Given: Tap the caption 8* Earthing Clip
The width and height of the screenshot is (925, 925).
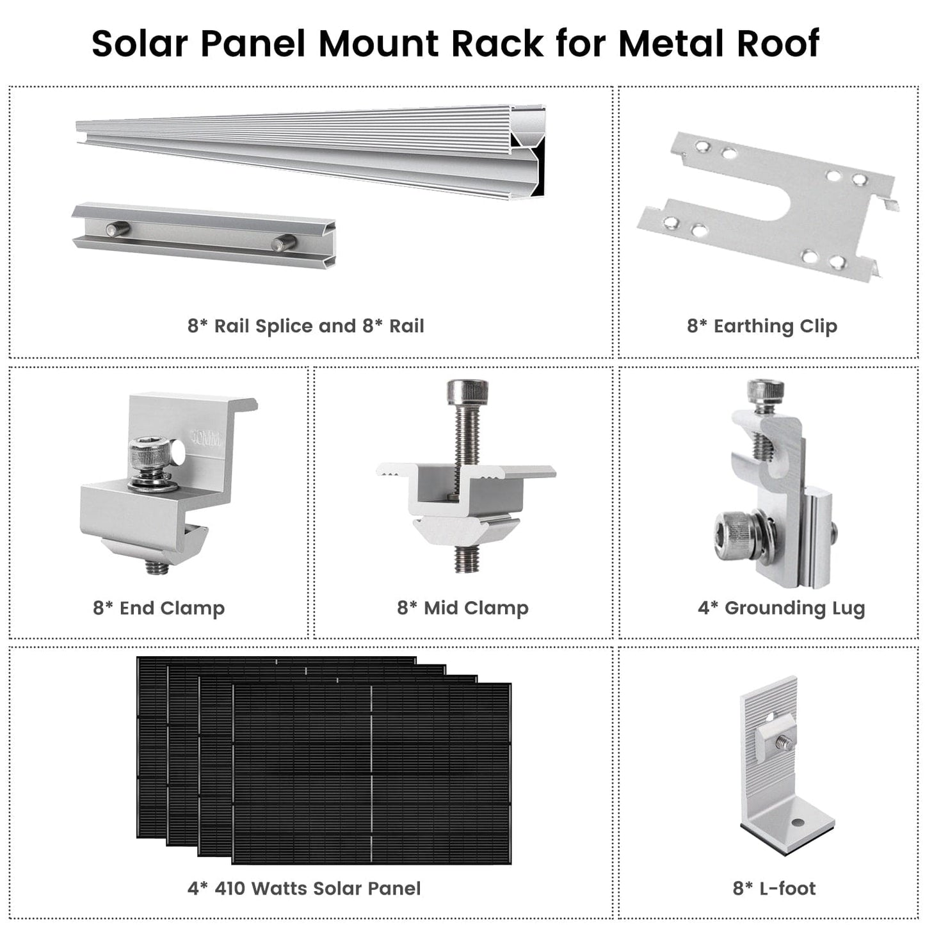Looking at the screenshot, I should (762, 326).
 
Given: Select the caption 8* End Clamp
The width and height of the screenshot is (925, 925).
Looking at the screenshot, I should (159, 607).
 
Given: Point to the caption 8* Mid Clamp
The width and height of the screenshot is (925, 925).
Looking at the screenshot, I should (463, 607).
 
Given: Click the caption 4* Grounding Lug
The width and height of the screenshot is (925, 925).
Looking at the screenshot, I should (781, 607).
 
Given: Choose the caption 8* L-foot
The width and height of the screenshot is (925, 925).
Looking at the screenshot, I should (774, 888).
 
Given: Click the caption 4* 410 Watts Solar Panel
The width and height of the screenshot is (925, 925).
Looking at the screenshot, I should (304, 888).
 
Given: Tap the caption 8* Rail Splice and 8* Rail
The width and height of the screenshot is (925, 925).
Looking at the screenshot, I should (305, 326).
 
